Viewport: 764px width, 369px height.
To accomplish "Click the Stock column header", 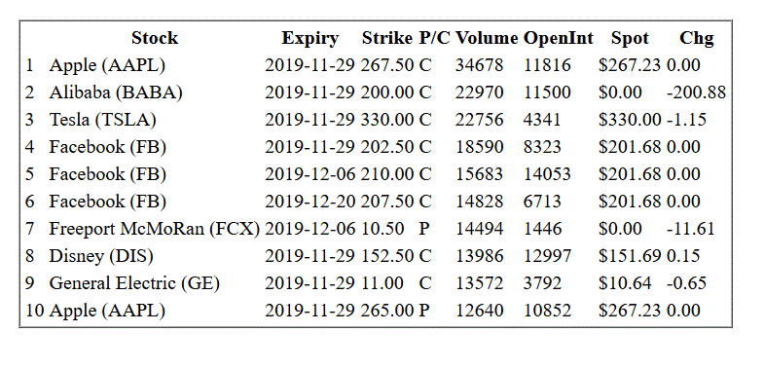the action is pyautogui.click(x=155, y=38).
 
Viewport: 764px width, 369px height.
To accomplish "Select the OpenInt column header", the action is pyautogui.click(x=559, y=38).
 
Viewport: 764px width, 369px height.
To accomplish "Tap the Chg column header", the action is pyautogui.click(x=696, y=38).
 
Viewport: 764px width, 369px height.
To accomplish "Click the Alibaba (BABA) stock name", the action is pyautogui.click(x=116, y=92).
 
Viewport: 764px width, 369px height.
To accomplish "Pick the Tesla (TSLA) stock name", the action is pyautogui.click(x=103, y=120).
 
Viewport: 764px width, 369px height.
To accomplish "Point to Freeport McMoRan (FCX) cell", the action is pyautogui.click(x=155, y=229).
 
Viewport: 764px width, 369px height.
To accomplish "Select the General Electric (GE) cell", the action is pyautogui.click(x=134, y=283).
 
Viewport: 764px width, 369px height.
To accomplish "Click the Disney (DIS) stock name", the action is pyautogui.click(x=101, y=256).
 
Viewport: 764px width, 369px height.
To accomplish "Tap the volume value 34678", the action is pyautogui.click(x=479, y=65).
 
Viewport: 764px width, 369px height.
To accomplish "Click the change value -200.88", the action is pyautogui.click(x=696, y=92).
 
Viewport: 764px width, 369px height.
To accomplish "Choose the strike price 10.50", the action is pyautogui.click(x=382, y=229).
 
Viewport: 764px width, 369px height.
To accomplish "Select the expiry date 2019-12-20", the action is pyautogui.click(x=309, y=202).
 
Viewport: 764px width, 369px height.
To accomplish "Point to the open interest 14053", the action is pyautogui.click(x=547, y=174).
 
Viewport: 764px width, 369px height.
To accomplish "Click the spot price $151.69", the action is pyautogui.click(x=630, y=256).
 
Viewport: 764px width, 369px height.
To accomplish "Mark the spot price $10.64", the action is pyautogui.click(x=625, y=283).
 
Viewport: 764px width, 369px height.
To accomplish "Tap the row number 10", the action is pyautogui.click(x=35, y=311).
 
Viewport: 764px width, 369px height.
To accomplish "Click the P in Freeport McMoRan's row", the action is pyautogui.click(x=424, y=229).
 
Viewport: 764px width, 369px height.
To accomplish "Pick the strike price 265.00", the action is pyautogui.click(x=387, y=311).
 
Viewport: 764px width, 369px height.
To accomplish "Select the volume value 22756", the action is pyautogui.click(x=479, y=120).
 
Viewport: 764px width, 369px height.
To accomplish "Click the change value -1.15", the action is pyautogui.click(x=686, y=120).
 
